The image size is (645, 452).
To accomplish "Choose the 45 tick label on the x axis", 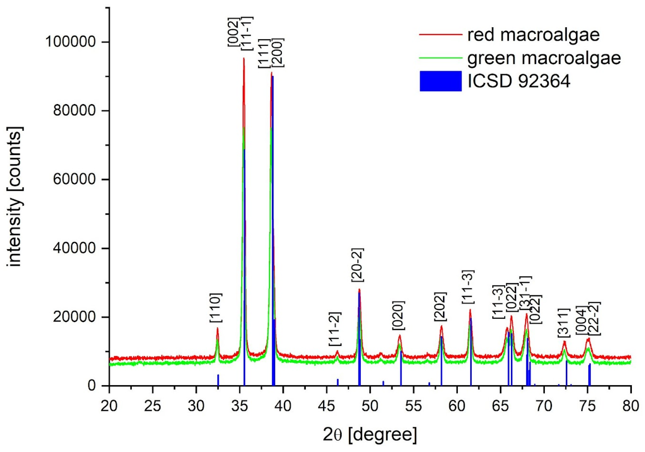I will pyautogui.click(x=326, y=406).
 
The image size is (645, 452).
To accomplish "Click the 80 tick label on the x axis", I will pyautogui.click(x=630, y=406).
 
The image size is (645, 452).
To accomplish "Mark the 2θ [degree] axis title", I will pyautogui.click(x=370, y=435).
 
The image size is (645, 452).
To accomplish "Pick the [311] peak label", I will pyautogui.click(x=564, y=323).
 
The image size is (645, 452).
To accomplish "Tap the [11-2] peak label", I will pyautogui.click(x=335, y=329).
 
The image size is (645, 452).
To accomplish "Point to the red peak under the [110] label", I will pyautogui.click(x=217, y=328).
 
